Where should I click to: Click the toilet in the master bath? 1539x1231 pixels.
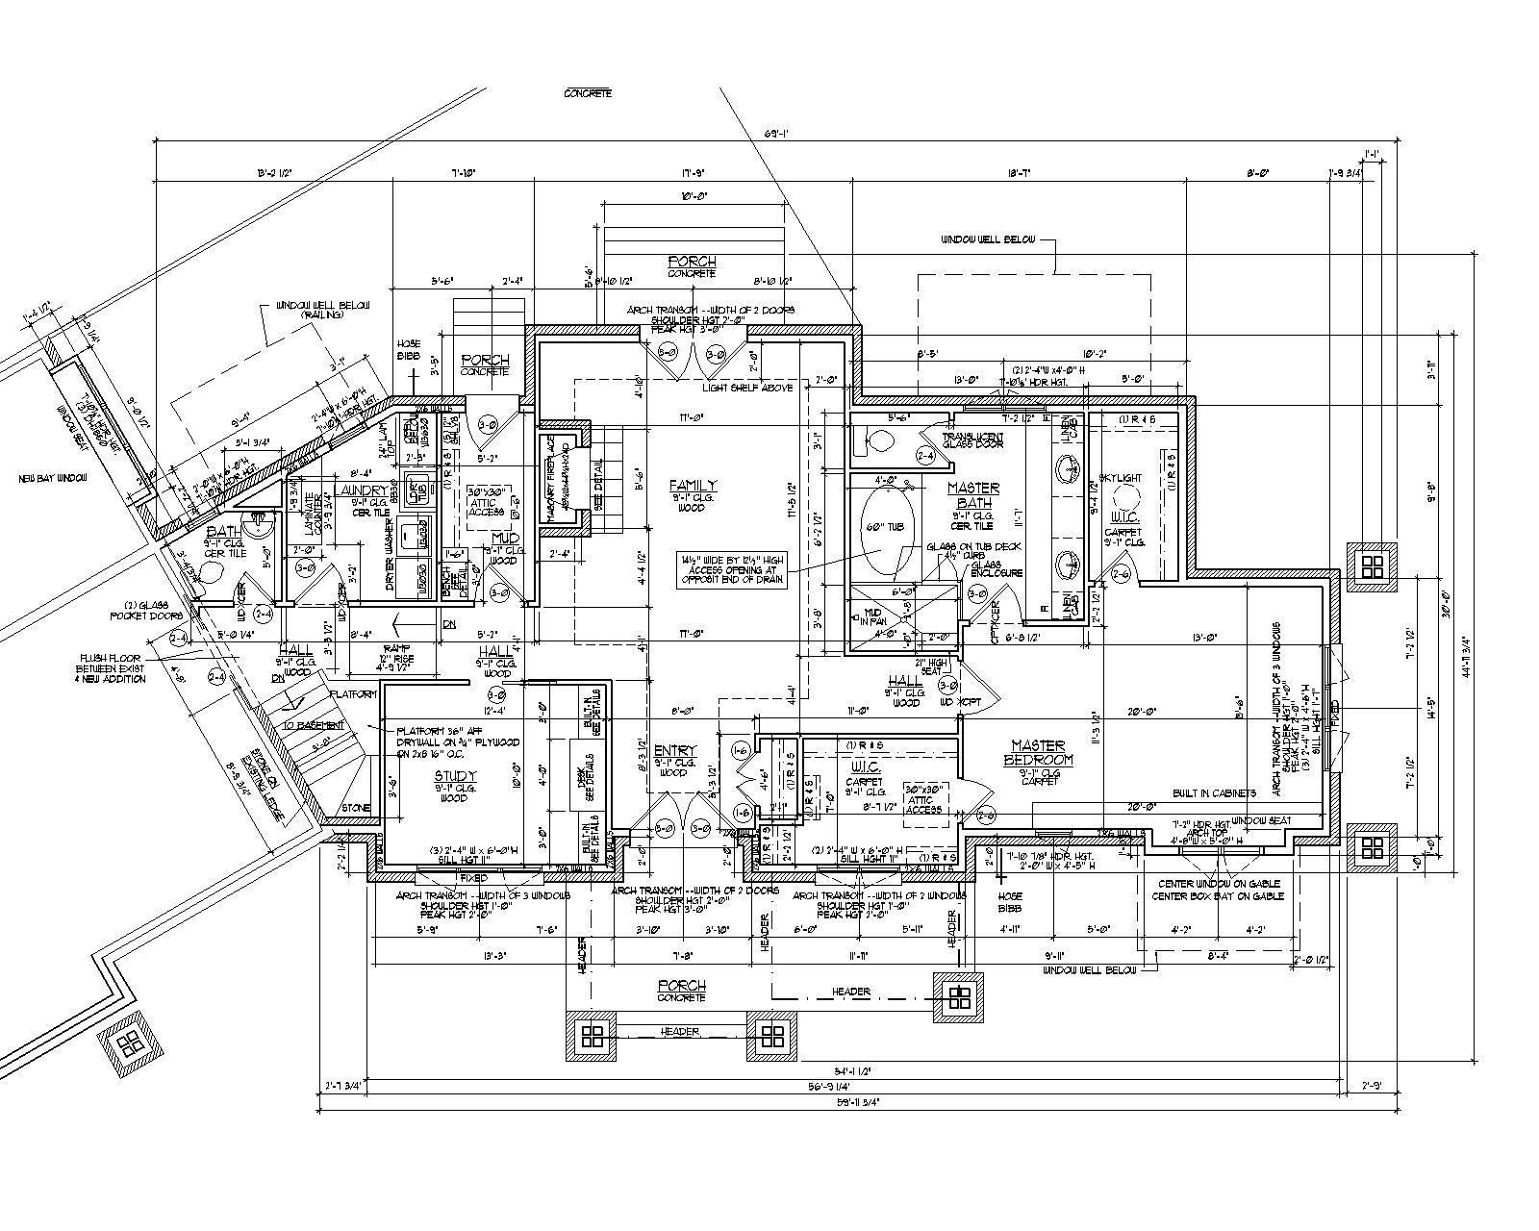pos(876,440)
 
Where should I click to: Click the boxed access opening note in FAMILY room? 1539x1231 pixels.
pos(732,569)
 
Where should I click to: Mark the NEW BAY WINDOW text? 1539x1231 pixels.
pos(53,478)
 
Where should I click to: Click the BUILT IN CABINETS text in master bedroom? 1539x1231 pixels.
pos(1214,793)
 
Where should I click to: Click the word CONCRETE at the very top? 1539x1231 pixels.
pos(588,93)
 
